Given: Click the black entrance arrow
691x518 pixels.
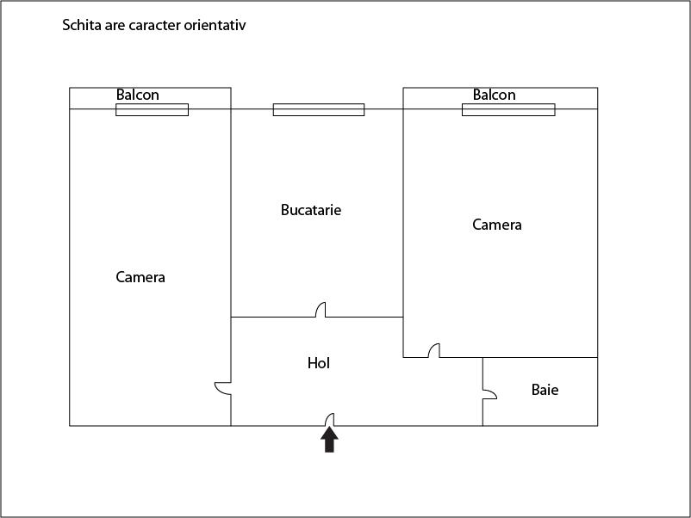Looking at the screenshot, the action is [329, 440].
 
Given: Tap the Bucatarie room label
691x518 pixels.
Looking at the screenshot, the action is [311, 210].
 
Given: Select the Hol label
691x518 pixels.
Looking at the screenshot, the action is [319, 363].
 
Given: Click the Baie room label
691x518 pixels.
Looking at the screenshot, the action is [545, 390].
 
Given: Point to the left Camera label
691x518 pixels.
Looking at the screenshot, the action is [140, 277].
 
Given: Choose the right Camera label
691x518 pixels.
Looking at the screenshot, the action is [497, 225].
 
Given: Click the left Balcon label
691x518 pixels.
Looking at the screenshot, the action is [138, 95].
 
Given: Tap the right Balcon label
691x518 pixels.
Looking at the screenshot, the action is [494, 95].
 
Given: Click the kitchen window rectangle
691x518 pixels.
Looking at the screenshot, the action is [319, 109].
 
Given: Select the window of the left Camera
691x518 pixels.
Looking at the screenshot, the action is [152, 109].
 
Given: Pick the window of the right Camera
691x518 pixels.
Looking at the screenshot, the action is [508, 109].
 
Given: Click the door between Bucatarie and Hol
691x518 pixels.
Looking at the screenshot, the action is [321, 310].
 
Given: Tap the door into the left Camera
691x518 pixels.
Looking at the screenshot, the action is [223, 388].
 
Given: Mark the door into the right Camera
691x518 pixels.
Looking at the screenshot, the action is [434, 351].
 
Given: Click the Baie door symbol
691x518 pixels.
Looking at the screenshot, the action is [490, 394].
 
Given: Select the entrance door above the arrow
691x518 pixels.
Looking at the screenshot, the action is [330, 420].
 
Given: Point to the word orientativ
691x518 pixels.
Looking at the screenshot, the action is [215, 25].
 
